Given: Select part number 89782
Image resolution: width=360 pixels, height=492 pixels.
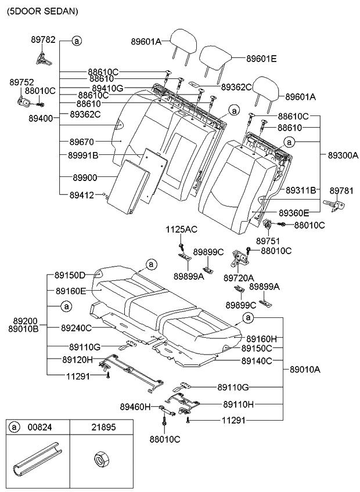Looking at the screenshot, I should [x=43, y=39].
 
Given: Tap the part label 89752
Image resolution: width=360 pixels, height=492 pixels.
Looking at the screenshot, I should [x=21, y=82].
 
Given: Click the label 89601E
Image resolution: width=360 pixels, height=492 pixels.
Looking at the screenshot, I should [x=261, y=59].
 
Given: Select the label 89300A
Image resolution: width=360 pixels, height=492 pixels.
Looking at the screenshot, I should [x=343, y=155].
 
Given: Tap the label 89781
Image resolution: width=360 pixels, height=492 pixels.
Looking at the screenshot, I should [x=342, y=190].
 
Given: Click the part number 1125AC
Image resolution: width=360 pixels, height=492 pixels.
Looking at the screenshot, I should [x=182, y=229].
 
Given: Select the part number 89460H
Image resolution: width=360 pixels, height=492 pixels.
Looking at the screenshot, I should [x=135, y=407].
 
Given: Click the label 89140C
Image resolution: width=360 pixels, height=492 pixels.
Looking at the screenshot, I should [x=257, y=360].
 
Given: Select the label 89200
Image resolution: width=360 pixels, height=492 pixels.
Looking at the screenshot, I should [x=23, y=320].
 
